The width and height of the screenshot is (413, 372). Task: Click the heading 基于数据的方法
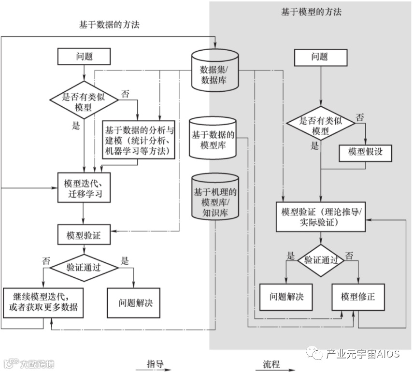pos(109,25)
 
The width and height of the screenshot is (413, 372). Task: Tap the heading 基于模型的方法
pos(311,12)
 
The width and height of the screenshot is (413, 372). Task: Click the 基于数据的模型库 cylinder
pos(213,139)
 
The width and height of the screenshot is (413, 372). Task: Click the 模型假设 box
pos(365,153)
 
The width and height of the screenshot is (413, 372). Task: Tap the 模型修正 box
pos(357,296)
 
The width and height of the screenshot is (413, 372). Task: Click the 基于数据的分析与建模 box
pos(139,140)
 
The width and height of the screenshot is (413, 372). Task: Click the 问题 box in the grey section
pos(319,57)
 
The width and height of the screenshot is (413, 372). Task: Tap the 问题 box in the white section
pos(84,57)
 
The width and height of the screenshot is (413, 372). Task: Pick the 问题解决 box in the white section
pos(133,303)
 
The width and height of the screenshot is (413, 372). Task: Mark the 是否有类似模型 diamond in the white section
pos(84,102)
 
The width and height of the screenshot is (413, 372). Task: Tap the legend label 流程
pos(271,364)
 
